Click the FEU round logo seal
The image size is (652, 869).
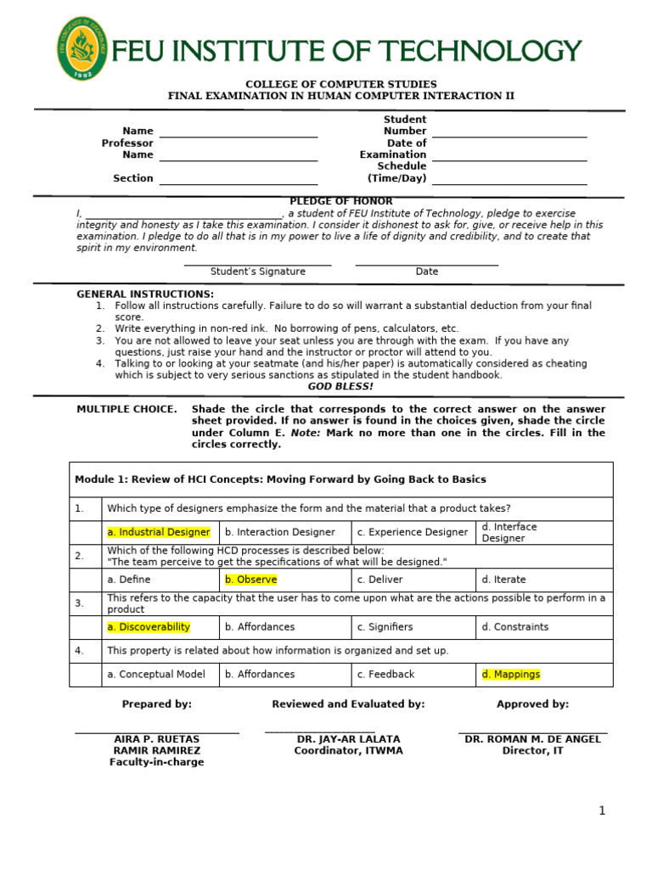[x=85, y=50]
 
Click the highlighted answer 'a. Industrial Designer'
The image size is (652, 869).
[x=159, y=532]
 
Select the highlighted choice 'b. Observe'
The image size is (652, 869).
[x=250, y=580]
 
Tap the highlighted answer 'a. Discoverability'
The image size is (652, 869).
[x=149, y=627]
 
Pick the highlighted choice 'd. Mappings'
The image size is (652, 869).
[x=510, y=675]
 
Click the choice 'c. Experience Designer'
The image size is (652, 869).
[x=413, y=532]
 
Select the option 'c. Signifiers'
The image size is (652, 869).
[x=385, y=627]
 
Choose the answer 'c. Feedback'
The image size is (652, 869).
[x=385, y=675]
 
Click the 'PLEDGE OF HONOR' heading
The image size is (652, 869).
[x=341, y=201]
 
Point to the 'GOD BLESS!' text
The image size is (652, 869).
[x=340, y=386]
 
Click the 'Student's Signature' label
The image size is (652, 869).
[x=258, y=272]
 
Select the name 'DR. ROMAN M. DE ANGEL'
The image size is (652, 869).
[x=532, y=739]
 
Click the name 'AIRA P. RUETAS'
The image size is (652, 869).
[x=156, y=739]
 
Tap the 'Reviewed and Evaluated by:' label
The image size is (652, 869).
[x=348, y=704]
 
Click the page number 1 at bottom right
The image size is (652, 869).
[x=602, y=811]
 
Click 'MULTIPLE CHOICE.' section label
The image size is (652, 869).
[x=126, y=409]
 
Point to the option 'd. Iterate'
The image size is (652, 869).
[x=503, y=580]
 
